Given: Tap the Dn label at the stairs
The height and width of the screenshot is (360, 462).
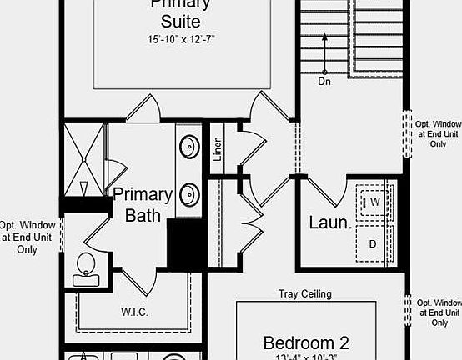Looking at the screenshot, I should pyautogui.click(x=324, y=82).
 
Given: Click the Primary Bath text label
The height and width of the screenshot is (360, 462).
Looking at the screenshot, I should pyautogui.click(x=143, y=205).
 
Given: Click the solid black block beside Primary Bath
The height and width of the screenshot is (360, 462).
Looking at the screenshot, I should pyautogui.click(x=185, y=244).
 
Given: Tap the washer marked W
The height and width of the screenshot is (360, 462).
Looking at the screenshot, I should pyautogui.click(x=374, y=202).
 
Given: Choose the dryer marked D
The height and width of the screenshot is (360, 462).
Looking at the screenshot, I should pyautogui.click(x=373, y=243).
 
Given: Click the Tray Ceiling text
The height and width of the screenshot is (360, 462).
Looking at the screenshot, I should pyautogui.click(x=304, y=294).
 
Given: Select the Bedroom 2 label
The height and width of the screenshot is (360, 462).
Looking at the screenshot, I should pyautogui.click(x=306, y=342).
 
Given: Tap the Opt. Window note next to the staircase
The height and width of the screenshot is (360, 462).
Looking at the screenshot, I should pyautogui.click(x=439, y=132).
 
